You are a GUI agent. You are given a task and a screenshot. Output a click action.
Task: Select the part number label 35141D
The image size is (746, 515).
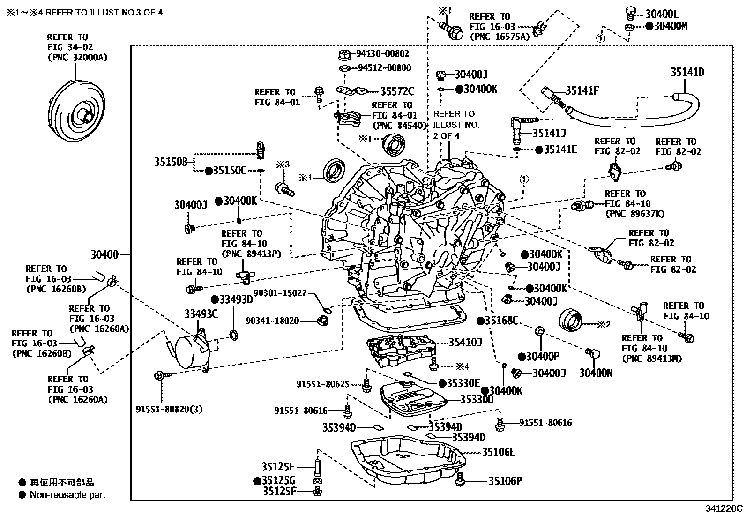click(687, 72)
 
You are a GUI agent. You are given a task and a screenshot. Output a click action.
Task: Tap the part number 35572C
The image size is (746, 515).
click(397, 91)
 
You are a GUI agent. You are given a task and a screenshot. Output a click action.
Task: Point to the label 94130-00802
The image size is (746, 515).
click(383, 53)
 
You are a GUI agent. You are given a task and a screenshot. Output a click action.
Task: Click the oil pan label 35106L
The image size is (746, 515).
click(499, 452)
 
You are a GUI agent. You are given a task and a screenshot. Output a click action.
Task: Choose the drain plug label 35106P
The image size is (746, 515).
click(505, 481)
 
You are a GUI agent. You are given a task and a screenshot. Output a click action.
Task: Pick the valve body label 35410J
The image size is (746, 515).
click(465, 342)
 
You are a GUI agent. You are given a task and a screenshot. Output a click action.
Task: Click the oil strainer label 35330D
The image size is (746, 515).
click(477, 399)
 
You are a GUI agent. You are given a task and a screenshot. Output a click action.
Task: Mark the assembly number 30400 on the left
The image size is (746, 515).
click(104, 255)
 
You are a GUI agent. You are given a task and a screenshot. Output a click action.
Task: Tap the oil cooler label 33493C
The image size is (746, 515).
click(201, 314)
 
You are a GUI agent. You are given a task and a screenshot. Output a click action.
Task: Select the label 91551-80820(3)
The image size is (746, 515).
click(169, 409)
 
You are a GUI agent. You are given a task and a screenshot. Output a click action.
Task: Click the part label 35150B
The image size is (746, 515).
click(171, 162)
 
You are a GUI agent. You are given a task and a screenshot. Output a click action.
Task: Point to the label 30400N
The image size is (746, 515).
click(596, 373)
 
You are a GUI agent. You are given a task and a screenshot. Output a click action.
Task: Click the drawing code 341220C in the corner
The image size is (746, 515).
click(724, 508)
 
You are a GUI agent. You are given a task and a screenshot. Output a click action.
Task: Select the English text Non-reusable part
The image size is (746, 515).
click(67, 495)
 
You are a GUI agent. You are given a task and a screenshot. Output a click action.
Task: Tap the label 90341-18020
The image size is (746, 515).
click(272, 321)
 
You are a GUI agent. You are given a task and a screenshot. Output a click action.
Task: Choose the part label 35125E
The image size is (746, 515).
click(278, 467)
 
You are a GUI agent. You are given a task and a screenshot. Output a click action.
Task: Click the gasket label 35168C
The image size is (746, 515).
click(501, 321)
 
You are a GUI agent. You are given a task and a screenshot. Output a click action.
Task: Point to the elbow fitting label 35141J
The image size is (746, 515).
click(549, 133)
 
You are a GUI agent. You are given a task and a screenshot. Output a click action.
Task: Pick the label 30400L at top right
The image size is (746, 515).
click(662, 14)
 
